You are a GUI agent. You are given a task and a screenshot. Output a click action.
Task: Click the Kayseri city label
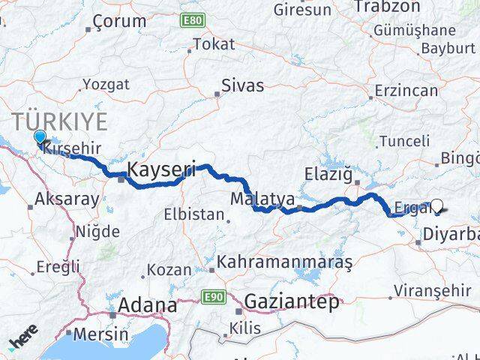tap(162, 170)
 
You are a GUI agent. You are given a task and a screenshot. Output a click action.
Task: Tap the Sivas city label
tap(244, 85)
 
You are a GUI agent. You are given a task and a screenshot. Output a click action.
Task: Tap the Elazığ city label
tap(329, 174)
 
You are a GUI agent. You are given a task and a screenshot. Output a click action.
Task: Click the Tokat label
tap(214, 44)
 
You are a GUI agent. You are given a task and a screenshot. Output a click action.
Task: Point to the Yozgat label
tap(106, 83)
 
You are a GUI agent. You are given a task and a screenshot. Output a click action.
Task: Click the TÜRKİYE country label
tap(59, 122)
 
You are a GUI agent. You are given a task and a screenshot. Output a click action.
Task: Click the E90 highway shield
tap(214, 298)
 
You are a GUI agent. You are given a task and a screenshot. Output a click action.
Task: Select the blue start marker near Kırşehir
tap(40, 137)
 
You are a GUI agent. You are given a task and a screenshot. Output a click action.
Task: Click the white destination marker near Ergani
tap(437, 205)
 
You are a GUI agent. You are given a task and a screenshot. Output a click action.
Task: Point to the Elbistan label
tap(194, 214)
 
